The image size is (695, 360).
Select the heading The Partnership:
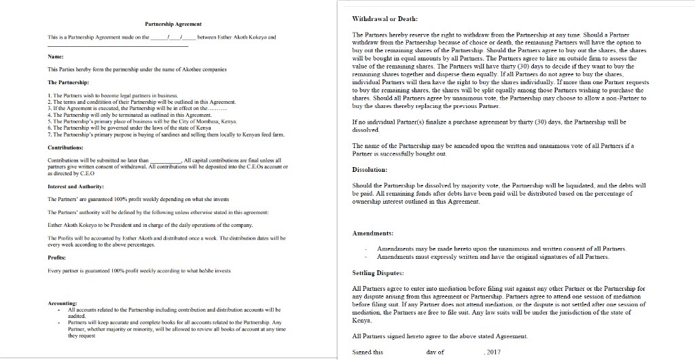tap(67, 82)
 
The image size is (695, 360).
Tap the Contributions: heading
tap(66, 147)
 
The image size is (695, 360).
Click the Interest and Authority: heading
tap(75, 186)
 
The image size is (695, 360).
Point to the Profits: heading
tap(56, 257)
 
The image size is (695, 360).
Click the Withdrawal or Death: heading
tap(384, 18)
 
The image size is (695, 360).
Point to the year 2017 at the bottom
tap(493, 352)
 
